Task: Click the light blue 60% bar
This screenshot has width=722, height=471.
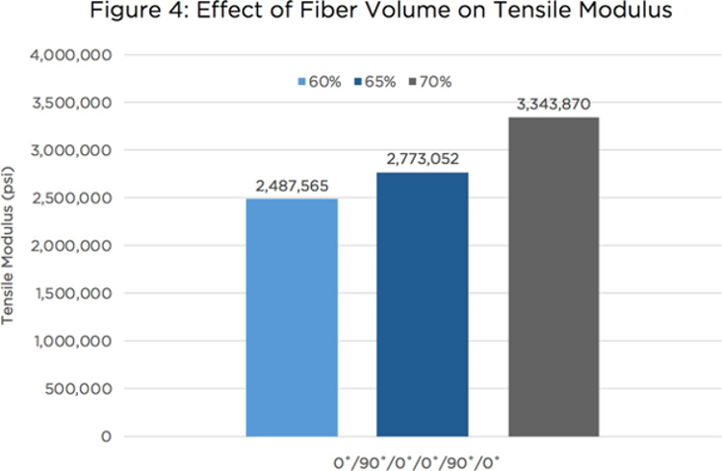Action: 291,318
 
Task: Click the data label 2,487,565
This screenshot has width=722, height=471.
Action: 291,186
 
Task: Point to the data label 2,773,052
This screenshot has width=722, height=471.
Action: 422,159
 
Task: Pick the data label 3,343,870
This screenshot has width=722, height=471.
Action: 553,104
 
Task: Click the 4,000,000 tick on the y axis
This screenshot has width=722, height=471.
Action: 77,55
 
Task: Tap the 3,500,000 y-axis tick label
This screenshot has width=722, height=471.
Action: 77,103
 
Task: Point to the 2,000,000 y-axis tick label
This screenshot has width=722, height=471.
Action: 77,246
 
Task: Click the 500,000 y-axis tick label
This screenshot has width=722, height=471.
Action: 84,389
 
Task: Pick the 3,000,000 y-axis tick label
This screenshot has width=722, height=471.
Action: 77,150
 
